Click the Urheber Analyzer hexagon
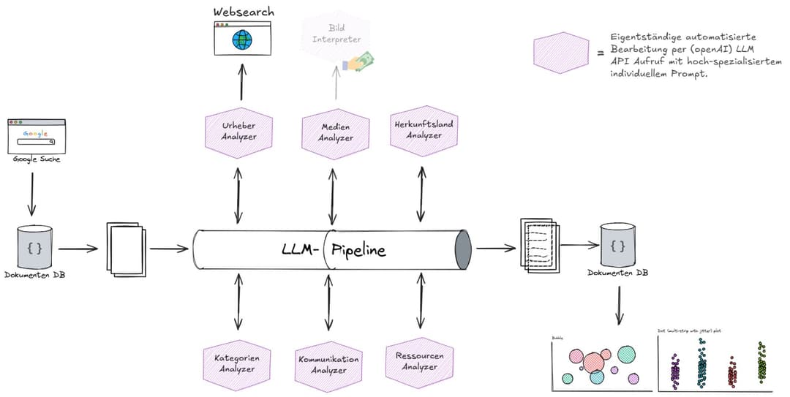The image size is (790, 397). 238,132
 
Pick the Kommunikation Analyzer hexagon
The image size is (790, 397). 328,364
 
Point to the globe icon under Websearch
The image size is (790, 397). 241,39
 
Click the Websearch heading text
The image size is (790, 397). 244,12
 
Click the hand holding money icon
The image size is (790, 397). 359,61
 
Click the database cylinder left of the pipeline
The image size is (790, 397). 34,248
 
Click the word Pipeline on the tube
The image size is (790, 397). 358,250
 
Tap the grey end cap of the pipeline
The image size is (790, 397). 463,250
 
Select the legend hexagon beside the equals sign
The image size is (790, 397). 562,52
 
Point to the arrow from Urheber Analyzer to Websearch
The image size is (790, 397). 241,80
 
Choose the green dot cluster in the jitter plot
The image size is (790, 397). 761,363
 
